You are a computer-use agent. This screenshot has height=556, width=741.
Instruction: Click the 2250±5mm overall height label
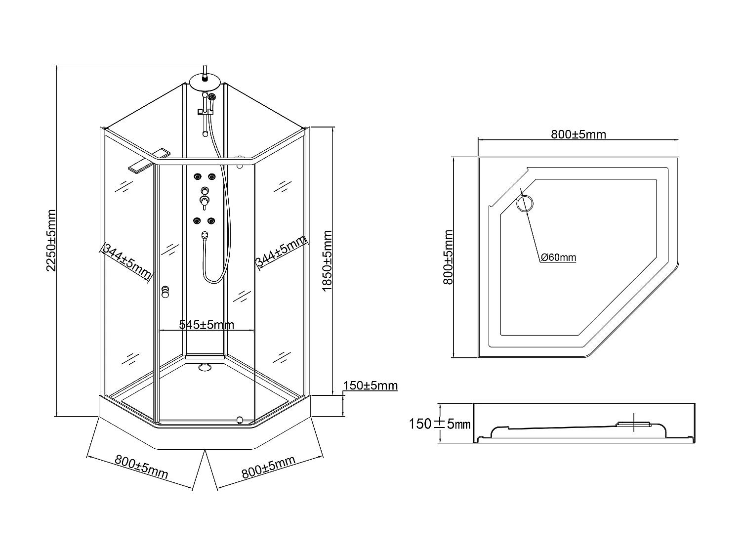click(x=51, y=241)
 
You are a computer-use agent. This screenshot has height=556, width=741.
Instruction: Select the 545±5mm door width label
click(x=206, y=325)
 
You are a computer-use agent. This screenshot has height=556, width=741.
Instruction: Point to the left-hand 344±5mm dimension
click(x=125, y=262)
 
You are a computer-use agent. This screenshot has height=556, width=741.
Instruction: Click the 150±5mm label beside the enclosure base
click(x=370, y=385)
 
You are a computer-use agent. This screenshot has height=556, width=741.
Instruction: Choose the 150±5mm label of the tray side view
click(x=439, y=424)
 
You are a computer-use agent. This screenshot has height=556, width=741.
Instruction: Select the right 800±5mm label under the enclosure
click(x=268, y=468)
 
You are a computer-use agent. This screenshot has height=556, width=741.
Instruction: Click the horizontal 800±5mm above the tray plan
click(x=578, y=134)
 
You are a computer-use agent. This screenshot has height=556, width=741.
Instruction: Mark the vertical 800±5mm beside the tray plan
click(x=448, y=257)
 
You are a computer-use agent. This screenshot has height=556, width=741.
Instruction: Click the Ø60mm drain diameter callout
click(x=558, y=257)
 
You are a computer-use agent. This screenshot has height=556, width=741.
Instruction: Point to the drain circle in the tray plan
click(x=525, y=203)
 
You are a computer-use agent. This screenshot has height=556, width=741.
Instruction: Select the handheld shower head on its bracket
click(x=212, y=97)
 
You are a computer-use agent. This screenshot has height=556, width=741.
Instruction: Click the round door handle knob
click(x=165, y=292)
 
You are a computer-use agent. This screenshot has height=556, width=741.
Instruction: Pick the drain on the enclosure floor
click(x=204, y=367)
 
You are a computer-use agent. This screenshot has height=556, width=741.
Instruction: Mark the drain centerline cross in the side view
click(x=634, y=422)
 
